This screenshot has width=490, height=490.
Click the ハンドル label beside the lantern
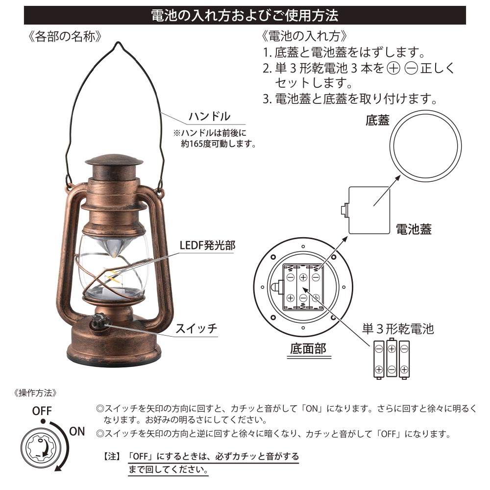click(209, 116)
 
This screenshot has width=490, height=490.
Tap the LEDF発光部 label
click(207, 245)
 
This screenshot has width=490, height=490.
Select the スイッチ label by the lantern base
click(196, 328)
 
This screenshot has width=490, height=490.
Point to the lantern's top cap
click(114, 159)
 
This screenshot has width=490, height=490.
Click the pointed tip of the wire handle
click(118, 42)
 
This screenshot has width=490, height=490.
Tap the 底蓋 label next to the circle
click(377, 121)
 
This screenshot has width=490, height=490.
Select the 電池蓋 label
click(414, 229)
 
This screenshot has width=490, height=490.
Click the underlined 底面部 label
click(308, 348)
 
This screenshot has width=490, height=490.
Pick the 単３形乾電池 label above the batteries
click(398, 329)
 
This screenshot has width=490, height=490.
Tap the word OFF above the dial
click(42, 411)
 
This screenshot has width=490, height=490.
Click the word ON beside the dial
click(77, 432)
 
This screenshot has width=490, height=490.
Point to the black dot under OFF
click(43, 421)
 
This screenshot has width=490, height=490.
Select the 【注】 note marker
click(112, 457)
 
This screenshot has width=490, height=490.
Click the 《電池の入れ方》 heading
click(304, 36)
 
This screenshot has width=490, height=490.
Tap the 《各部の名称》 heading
click(65, 37)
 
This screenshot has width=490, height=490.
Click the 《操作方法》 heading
click(35, 393)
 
